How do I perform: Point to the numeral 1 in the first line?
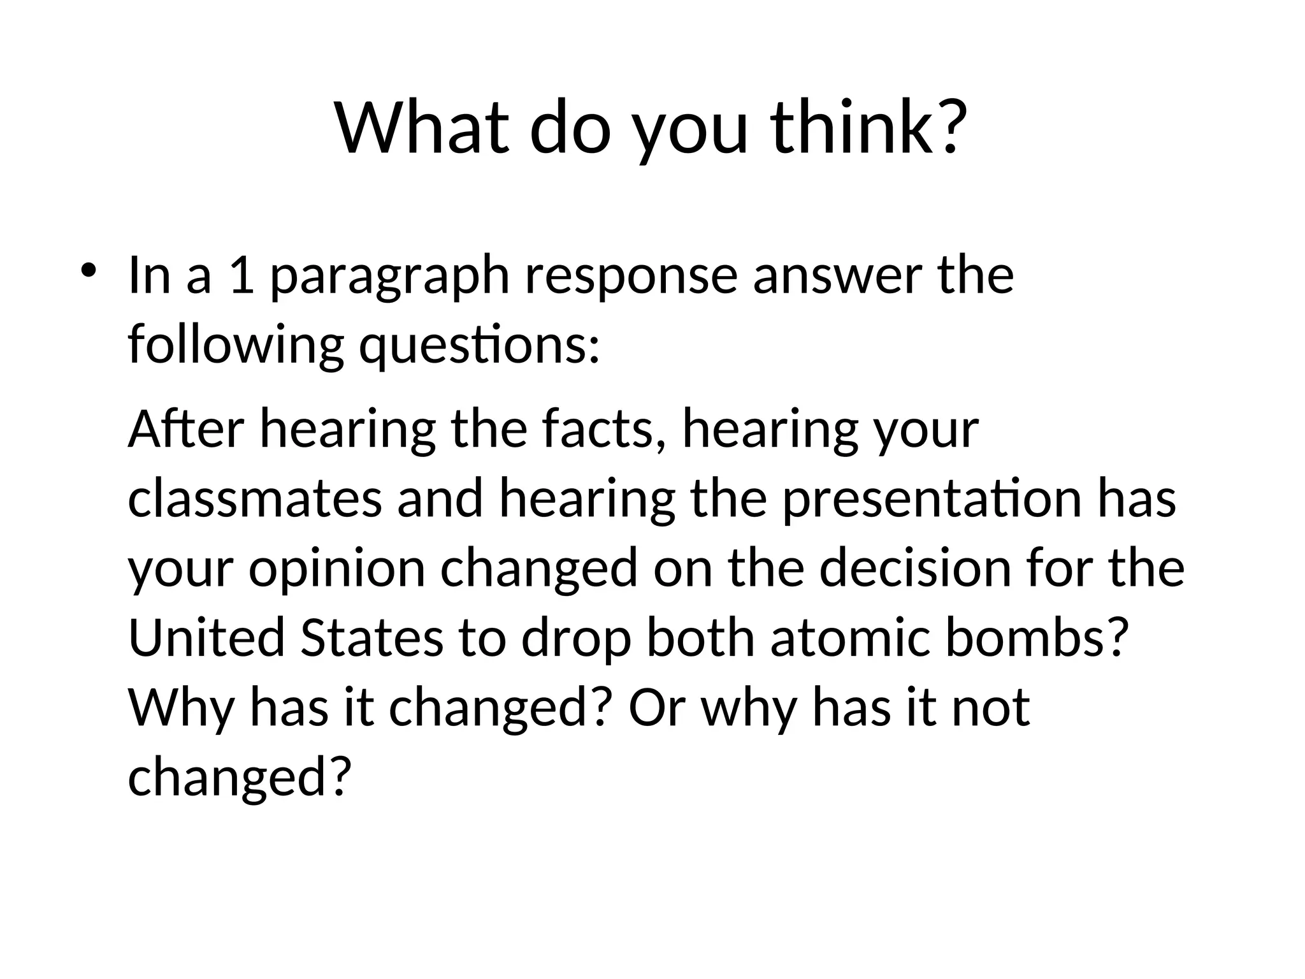(x=241, y=276)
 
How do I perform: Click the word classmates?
(x=255, y=499)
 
